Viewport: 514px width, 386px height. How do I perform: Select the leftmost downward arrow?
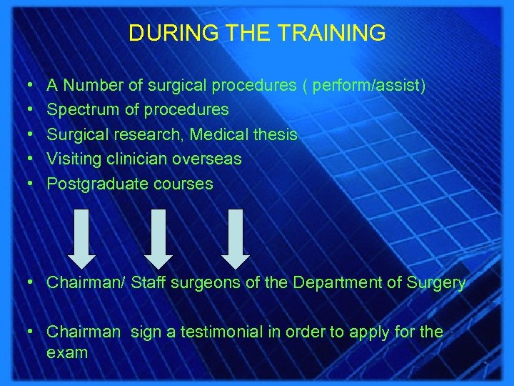83,235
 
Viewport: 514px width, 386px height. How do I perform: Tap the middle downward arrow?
159,235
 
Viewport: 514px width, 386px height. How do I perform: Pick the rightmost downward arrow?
236,235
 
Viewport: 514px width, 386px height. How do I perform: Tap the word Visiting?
73,159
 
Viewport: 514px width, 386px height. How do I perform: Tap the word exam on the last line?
67,352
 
